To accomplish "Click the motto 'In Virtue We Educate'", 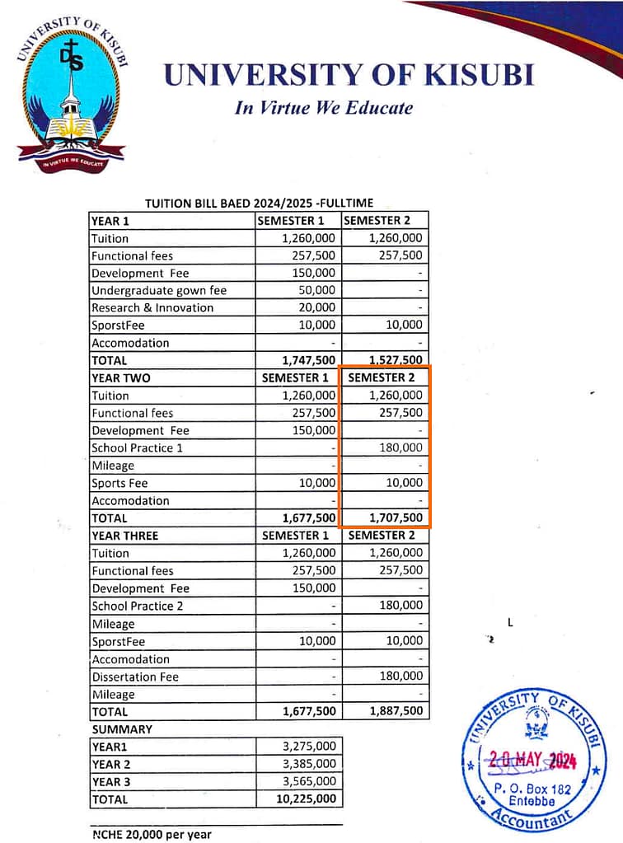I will (x=324, y=108).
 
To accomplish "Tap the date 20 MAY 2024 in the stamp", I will (x=532, y=761).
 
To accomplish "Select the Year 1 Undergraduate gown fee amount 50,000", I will (x=313, y=290).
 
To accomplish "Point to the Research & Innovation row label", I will (x=152, y=307).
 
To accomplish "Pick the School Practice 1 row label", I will (x=138, y=447).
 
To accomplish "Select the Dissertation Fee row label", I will (x=135, y=677).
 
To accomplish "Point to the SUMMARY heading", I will (x=122, y=729).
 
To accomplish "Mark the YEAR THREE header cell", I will (x=125, y=536).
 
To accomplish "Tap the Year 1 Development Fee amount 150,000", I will (x=313, y=273).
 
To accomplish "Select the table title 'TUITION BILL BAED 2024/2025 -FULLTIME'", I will (x=259, y=203).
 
